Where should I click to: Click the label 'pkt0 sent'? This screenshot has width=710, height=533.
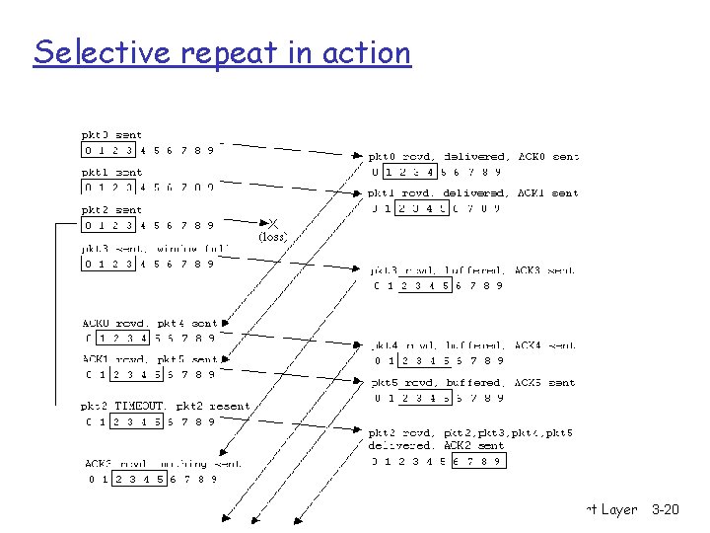click(x=110, y=135)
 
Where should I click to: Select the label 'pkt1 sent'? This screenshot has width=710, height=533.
click(x=110, y=173)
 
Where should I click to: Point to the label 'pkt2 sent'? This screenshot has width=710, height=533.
click(x=110, y=209)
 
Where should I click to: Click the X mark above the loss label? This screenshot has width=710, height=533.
click(x=273, y=224)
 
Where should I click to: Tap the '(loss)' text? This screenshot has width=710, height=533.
click(x=272, y=237)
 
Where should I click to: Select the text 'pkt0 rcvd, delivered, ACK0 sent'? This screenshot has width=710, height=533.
click(x=473, y=156)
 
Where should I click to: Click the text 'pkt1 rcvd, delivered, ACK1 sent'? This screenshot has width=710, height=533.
click(x=473, y=193)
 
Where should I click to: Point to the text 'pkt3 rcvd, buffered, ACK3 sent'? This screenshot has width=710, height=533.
click(x=473, y=269)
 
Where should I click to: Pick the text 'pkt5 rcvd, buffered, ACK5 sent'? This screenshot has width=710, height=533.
click(x=473, y=383)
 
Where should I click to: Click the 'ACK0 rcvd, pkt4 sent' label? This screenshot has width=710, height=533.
click(x=149, y=323)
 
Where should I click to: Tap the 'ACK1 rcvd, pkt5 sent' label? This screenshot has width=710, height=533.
click(x=149, y=360)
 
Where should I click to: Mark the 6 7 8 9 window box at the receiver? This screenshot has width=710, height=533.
click(x=478, y=461)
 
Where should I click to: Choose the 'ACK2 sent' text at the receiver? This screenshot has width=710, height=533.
click(x=477, y=446)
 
